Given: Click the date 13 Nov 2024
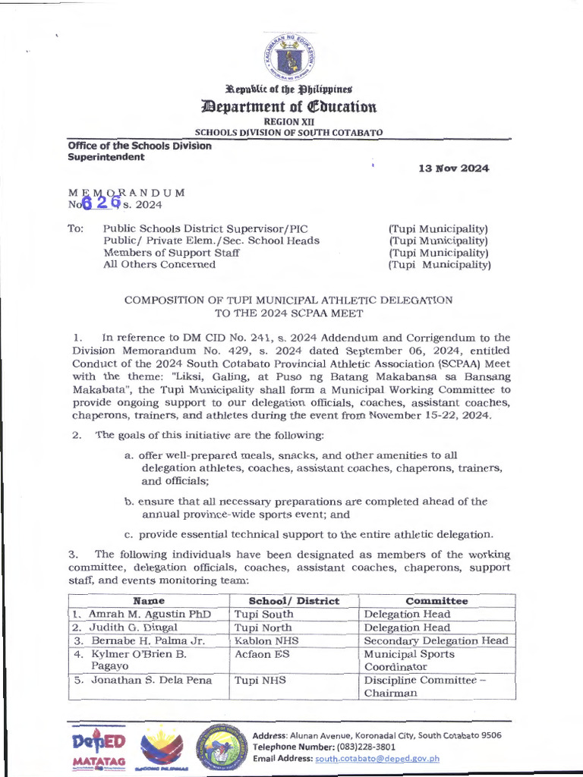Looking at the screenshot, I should pyautogui.click(x=453, y=168).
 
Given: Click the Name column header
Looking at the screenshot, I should pyautogui.click(x=149, y=600).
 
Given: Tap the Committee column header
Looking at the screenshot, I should pyautogui.click(x=436, y=600).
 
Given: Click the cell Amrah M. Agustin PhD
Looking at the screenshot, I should pyautogui.click(x=149, y=614).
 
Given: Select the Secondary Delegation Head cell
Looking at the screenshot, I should pyautogui.click(x=436, y=640).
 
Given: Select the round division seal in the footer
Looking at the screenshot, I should pyautogui.click(x=221, y=749).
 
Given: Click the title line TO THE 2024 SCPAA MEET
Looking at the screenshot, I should pyautogui.click(x=288, y=313).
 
